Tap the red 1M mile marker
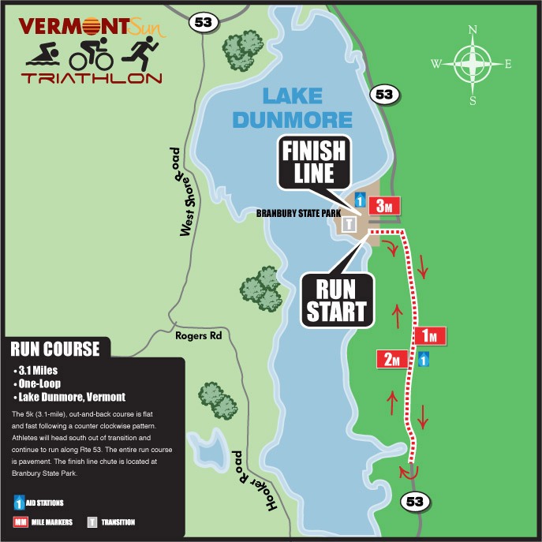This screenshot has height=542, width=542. coord(430,335)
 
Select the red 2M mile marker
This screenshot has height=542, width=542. coord(391,359)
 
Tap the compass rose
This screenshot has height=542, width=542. coord(473,64)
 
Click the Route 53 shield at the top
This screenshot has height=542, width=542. coord(200,23)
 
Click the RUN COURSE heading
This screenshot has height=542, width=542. coord(55,349)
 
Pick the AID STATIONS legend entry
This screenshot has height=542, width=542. coord(39,502)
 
